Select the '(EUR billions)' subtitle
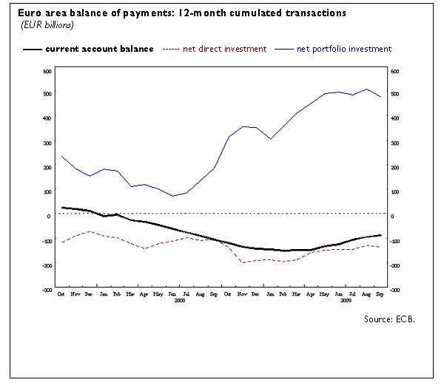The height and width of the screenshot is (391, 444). [x=46, y=26]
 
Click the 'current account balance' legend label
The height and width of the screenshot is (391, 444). [x=99, y=49]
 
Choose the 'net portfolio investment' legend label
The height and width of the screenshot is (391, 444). [x=343, y=49]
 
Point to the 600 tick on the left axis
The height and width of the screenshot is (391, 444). [x=47, y=71]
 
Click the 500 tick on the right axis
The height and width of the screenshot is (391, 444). [x=394, y=94]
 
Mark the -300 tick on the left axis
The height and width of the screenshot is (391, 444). [x=46, y=290]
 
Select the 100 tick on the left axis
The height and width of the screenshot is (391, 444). [x=47, y=192]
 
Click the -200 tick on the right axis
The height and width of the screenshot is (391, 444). [x=395, y=265]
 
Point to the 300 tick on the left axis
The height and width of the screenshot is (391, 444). [x=47, y=143]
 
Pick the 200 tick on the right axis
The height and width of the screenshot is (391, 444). [x=394, y=168]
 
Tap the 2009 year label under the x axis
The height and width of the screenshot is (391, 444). [x=345, y=301]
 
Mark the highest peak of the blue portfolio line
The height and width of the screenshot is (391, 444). [x=367, y=89]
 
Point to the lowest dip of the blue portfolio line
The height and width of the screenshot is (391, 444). [x=173, y=196]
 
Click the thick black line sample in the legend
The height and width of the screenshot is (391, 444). [x=32, y=50]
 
